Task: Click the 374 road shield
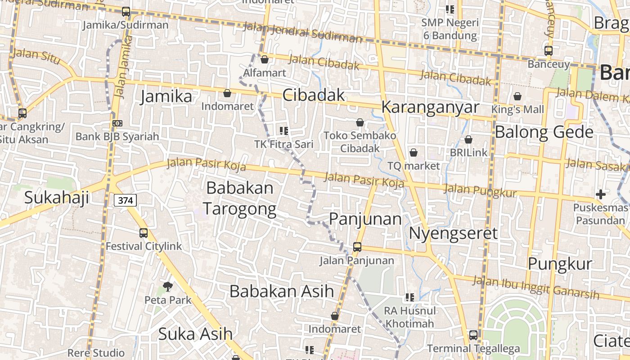(x=125, y=200)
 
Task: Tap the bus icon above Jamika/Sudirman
(x=126, y=12)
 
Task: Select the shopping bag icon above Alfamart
(x=265, y=59)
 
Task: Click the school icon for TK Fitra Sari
(x=283, y=131)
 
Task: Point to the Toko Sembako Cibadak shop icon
(x=360, y=122)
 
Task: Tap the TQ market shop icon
(x=414, y=153)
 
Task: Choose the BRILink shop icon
(x=468, y=140)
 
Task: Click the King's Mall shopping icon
(x=517, y=96)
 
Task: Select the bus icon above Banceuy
(x=548, y=50)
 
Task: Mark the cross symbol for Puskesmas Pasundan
(x=600, y=194)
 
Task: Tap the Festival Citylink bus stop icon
(x=144, y=233)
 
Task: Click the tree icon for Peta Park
(x=168, y=286)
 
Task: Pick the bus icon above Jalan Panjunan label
(x=357, y=247)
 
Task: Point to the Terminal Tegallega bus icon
(x=473, y=335)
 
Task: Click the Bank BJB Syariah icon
(x=117, y=123)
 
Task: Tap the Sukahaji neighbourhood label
(x=57, y=197)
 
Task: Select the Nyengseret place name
(x=453, y=234)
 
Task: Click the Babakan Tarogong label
(x=239, y=198)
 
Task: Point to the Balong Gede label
(x=544, y=132)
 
